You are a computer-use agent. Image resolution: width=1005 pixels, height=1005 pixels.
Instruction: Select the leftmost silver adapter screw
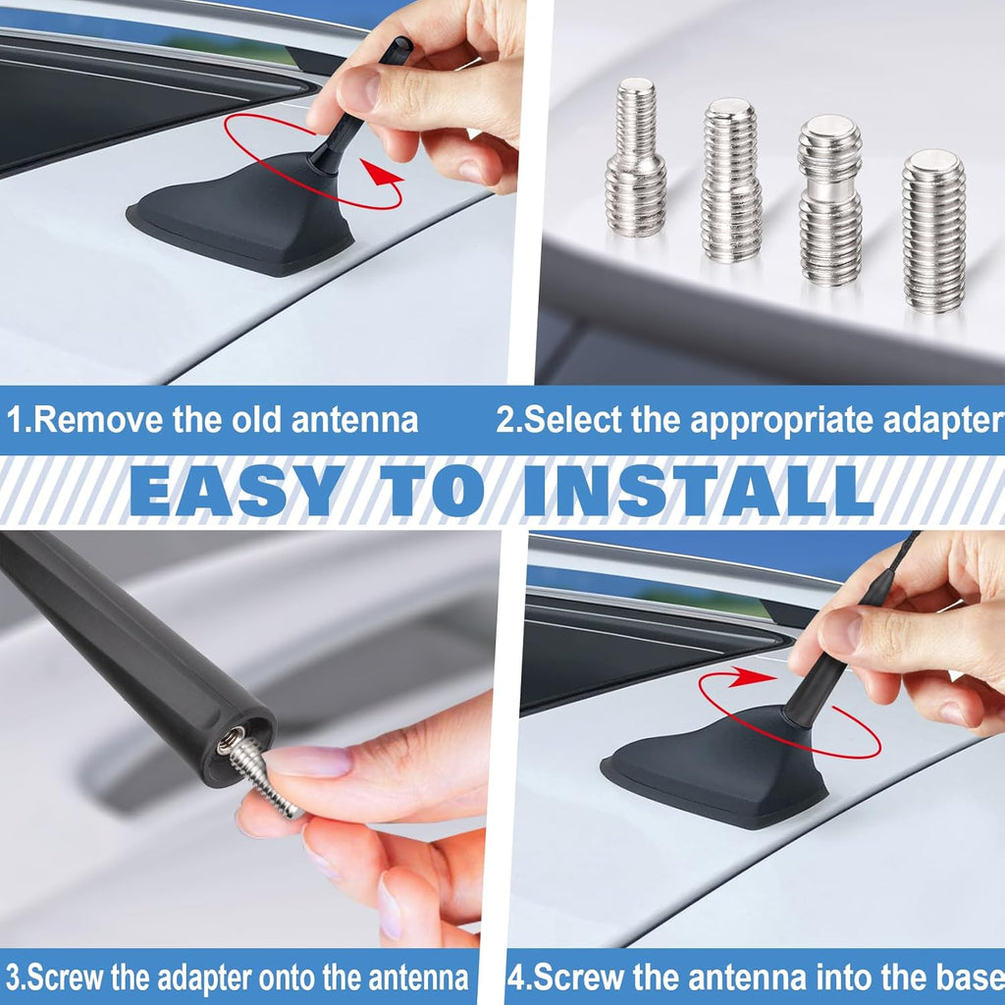pos(635,157)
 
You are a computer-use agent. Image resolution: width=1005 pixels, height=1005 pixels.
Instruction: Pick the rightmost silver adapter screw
pos(934,231)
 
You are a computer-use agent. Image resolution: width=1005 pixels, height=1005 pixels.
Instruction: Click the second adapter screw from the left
pos(731,181)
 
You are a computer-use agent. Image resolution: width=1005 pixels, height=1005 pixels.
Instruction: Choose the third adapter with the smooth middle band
pos(830,199)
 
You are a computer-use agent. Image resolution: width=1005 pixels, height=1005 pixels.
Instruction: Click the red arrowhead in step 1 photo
pos(382,172)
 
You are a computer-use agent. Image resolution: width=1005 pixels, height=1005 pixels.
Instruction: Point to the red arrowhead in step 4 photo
pos(751,677)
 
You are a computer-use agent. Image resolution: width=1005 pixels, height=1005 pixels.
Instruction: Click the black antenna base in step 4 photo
pos(717,769)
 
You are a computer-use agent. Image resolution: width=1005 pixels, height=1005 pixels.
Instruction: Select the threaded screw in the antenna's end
pos(256,772)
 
